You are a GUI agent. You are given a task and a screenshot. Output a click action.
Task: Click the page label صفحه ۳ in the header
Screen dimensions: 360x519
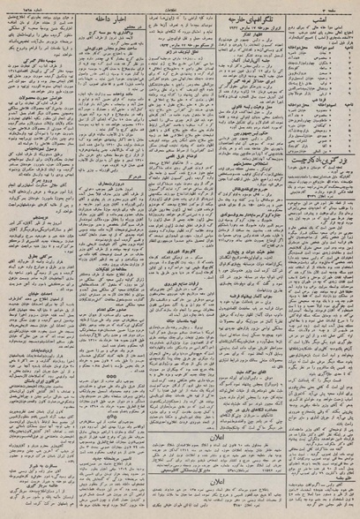pyautogui.click(x=343, y=4)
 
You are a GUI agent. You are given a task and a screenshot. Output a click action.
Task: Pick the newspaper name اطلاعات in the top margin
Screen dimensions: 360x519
pyautogui.click(x=181, y=4)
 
